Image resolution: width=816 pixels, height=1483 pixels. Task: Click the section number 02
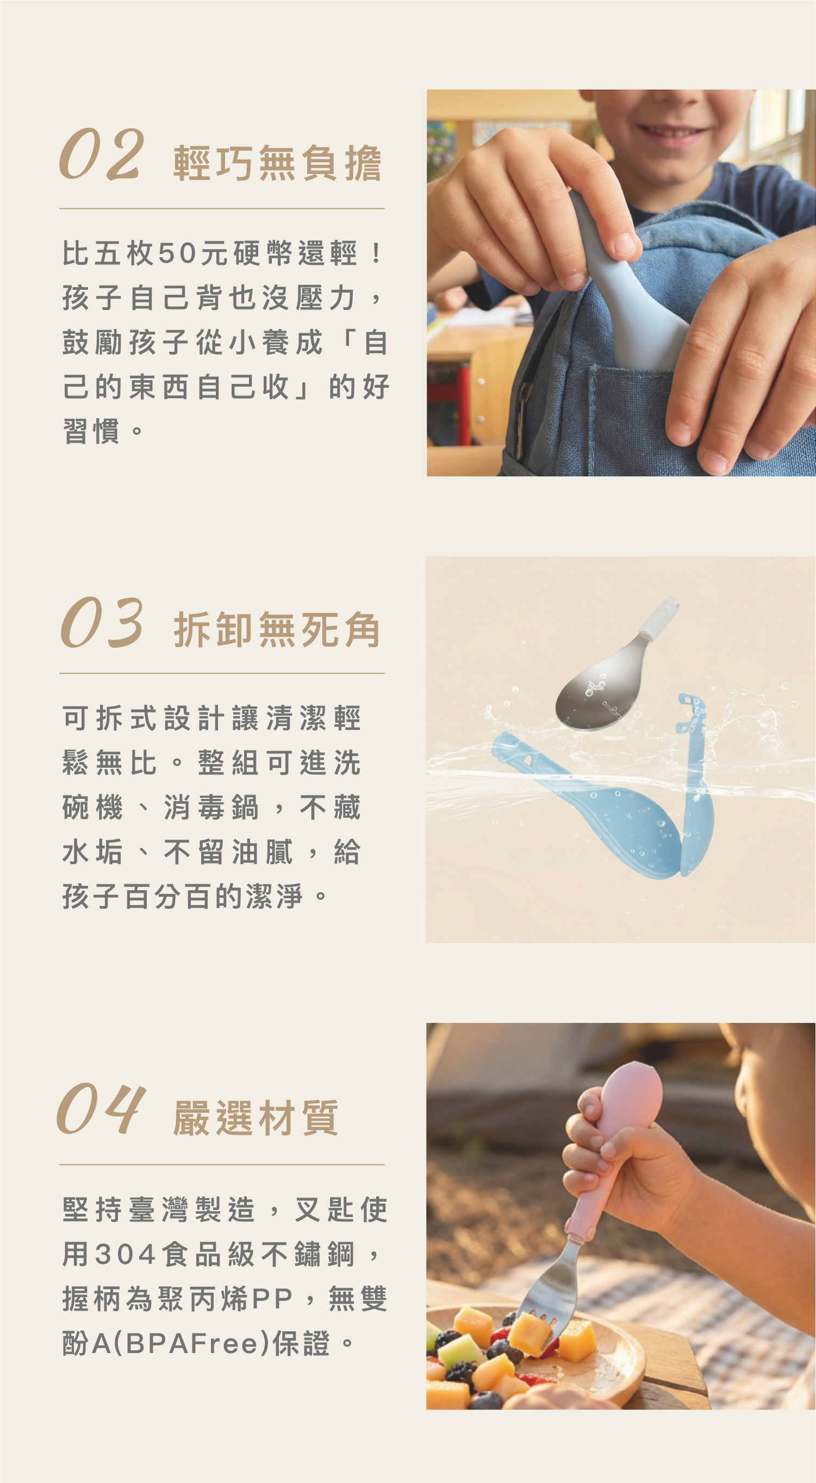101,155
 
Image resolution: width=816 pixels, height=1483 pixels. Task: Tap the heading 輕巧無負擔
277,164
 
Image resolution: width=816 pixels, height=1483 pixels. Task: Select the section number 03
102,623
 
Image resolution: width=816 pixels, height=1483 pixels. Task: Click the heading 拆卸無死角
277,630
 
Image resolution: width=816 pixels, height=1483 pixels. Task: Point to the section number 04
101,1109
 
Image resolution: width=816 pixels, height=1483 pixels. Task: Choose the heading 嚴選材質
256,1118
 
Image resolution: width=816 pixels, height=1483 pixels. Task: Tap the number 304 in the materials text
126,1255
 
